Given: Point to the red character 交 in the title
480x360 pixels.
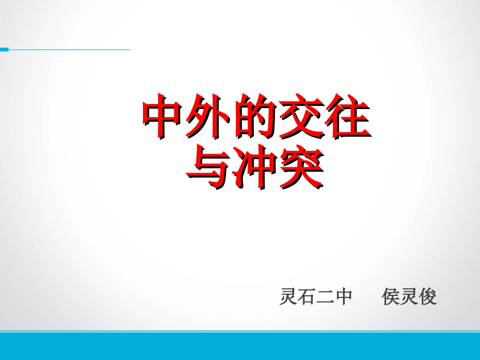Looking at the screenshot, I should tap(300, 117).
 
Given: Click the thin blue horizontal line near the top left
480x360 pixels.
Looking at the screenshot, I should tap(71, 49).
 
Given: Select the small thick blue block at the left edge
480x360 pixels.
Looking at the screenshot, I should tap(4, 49).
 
